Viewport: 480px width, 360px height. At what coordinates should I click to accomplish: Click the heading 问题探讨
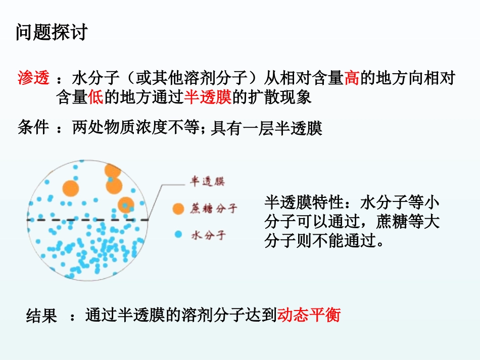[x=51, y=32]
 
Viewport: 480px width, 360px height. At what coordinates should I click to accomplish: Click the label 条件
[x=33, y=128]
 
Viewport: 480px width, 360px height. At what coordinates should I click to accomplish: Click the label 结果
[x=41, y=316]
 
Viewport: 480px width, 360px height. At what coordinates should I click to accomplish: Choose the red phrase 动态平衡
[x=309, y=315]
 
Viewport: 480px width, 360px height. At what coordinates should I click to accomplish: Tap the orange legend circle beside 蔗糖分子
[x=178, y=209]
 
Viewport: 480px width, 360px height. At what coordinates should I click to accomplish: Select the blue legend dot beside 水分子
[x=177, y=234]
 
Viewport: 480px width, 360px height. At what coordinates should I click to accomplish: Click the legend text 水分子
[x=208, y=235]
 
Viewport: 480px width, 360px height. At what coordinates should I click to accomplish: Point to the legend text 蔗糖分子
[x=214, y=209]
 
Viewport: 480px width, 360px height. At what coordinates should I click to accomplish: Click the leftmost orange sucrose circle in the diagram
[x=71, y=188]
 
